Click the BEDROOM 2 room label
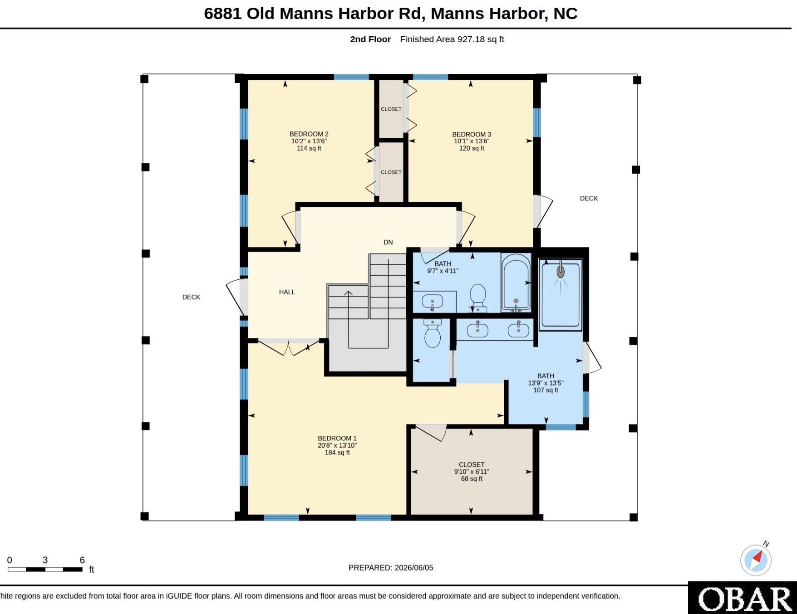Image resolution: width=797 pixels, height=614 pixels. pyautogui.click(x=309, y=134)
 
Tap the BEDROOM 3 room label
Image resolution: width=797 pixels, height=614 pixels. pyautogui.click(x=472, y=135)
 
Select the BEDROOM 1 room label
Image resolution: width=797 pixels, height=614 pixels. pyautogui.click(x=337, y=439)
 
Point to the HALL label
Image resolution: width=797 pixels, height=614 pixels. pyautogui.click(x=287, y=292)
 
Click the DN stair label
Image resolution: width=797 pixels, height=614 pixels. pyautogui.click(x=388, y=243)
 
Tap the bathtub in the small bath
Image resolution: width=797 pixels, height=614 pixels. pyautogui.click(x=516, y=283)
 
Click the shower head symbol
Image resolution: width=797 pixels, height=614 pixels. pyautogui.click(x=561, y=272)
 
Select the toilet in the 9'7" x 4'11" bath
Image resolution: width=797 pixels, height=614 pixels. pyautogui.click(x=477, y=298)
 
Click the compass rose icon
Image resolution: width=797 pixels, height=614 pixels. pyautogui.click(x=756, y=560)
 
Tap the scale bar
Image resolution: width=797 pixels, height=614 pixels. pyautogui.click(x=45, y=569)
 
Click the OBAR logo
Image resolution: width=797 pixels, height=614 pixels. pyautogui.click(x=743, y=598)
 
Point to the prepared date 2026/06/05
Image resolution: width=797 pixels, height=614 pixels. pyautogui.click(x=414, y=568)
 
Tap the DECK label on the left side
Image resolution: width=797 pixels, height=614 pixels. pyautogui.click(x=191, y=297)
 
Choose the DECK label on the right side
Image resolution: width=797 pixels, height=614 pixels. pyautogui.click(x=589, y=199)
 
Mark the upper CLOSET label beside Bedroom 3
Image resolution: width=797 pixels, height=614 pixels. pyautogui.click(x=391, y=109)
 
